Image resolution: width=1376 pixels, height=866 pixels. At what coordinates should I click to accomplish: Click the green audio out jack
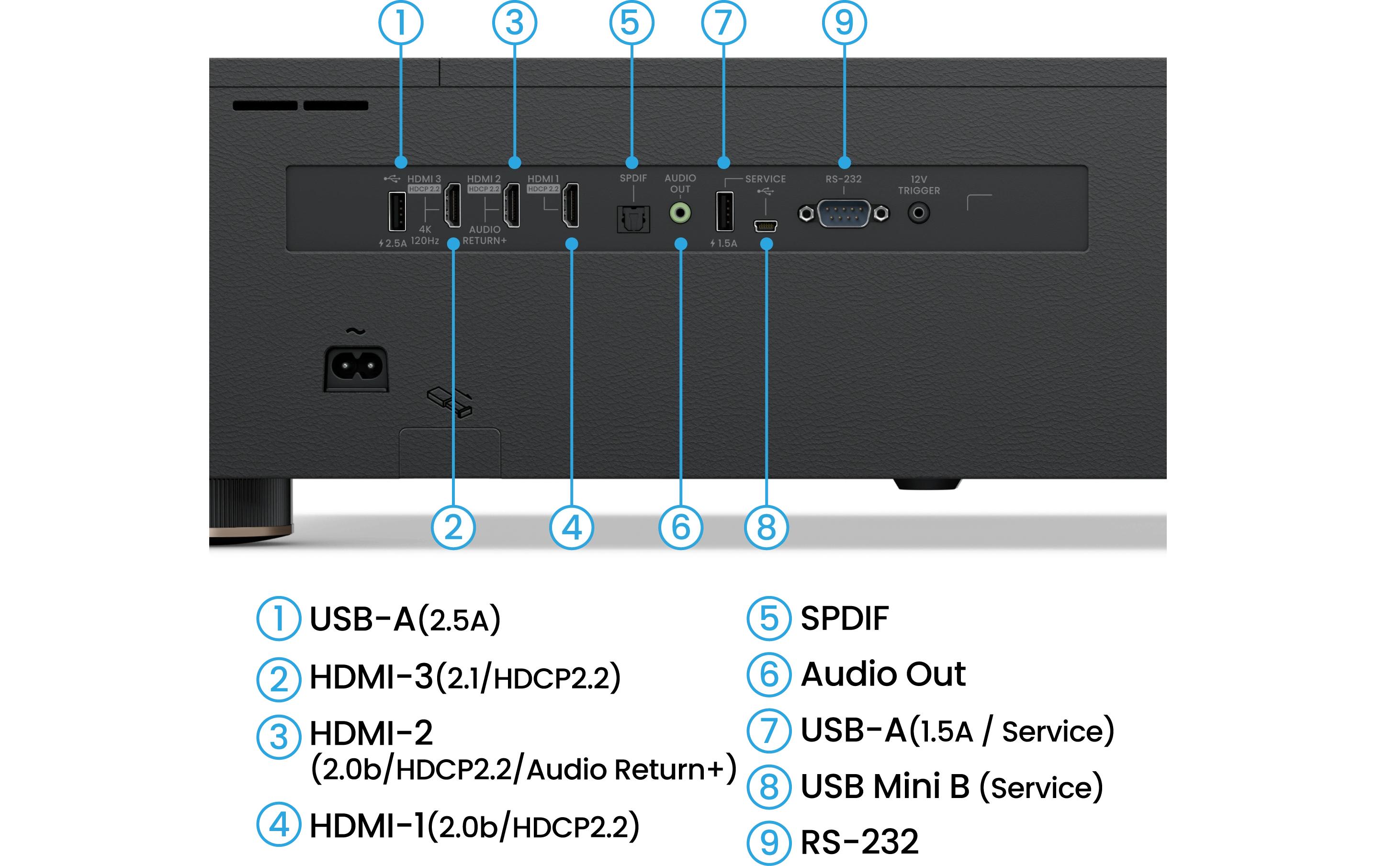pos(680,213)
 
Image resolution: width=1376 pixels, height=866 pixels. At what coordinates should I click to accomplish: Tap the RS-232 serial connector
pos(844,214)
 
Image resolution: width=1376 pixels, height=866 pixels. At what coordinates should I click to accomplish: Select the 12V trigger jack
pos(918,213)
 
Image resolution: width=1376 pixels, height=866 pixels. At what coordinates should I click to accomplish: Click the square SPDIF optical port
pos(633,219)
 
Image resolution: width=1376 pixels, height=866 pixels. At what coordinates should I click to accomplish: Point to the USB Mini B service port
pos(765,226)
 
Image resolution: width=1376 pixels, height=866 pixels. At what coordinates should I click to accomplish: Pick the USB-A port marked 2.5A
pos(397,212)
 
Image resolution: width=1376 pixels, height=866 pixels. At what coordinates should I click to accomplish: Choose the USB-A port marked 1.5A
pos(724,212)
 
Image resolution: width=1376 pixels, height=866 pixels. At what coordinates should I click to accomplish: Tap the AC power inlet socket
pos(356,367)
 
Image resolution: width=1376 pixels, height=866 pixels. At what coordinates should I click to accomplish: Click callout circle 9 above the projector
pos(844,23)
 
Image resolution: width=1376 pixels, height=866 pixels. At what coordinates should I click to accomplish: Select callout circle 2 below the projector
pos(452,527)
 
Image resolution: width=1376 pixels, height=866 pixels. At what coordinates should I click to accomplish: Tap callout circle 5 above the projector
pos(632,23)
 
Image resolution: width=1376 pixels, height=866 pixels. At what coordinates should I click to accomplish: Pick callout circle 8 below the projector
pos(767,527)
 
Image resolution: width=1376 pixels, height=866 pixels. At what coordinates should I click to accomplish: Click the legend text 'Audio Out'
pos(883,674)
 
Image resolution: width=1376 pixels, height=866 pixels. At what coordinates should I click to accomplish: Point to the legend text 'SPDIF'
pos(844,618)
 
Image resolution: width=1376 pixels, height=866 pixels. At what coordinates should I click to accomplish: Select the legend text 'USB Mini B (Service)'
pos(951,787)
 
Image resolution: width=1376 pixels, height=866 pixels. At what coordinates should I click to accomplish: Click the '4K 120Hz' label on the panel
pos(425,235)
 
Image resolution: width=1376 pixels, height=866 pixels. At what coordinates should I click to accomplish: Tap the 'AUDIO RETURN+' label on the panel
pos(485,235)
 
